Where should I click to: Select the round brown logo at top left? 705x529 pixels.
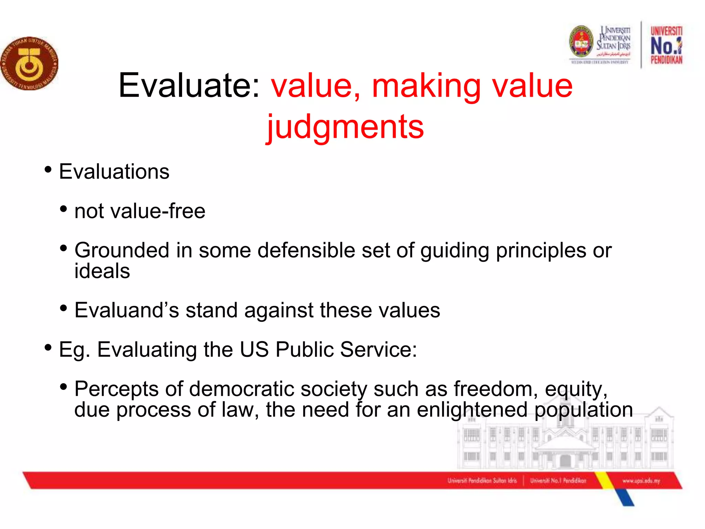click(x=30, y=64)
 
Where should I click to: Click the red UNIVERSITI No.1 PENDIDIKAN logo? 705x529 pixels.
click(x=666, y=45)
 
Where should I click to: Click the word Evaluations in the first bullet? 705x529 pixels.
click(x=114, y=172)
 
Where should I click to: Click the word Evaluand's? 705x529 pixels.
click(x=127, y=310)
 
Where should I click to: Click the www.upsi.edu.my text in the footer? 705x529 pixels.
click(x=641, y=480)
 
